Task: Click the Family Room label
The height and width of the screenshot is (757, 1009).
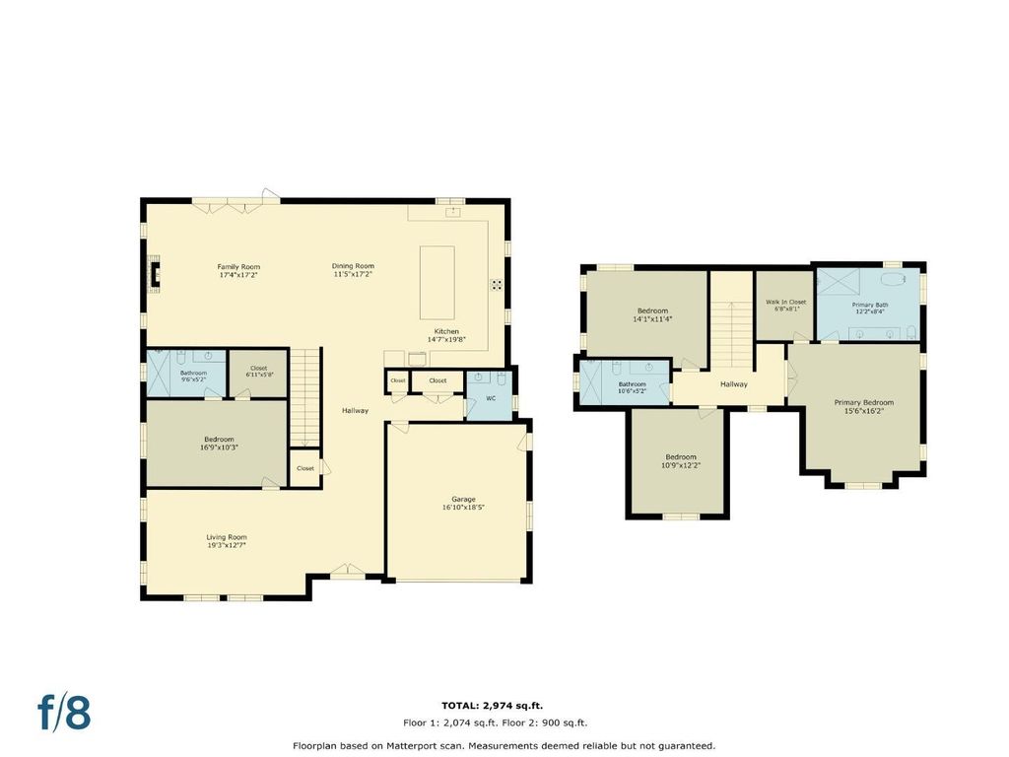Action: [x=238, y=266]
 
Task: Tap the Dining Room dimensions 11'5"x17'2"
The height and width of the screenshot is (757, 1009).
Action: [x=353, y=274]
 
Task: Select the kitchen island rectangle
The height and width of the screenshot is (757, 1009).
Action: [x=437, y=283]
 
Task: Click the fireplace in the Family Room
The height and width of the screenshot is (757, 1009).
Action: [x=154, y=275]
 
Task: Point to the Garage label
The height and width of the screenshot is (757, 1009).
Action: [x=463, y=499]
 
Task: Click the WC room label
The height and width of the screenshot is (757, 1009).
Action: [x=491, y=398]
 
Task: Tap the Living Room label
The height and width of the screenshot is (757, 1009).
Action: [x=227, y=537]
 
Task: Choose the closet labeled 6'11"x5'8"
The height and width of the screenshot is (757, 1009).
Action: [x=259, y=372]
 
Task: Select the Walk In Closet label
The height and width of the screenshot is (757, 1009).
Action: [x=785, y=302]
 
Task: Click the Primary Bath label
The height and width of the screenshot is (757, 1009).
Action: [x=870, y=305]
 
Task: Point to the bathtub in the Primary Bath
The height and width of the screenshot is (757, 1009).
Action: [x=892, y=279]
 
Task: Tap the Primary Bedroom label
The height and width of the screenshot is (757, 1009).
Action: [x=864, y=402]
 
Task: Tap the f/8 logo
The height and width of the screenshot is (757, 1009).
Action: [x=64, y=712]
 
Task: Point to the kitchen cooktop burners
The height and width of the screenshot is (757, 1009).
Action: [x=497, y=285]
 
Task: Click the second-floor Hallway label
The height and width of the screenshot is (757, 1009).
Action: [x=733, y=383]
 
